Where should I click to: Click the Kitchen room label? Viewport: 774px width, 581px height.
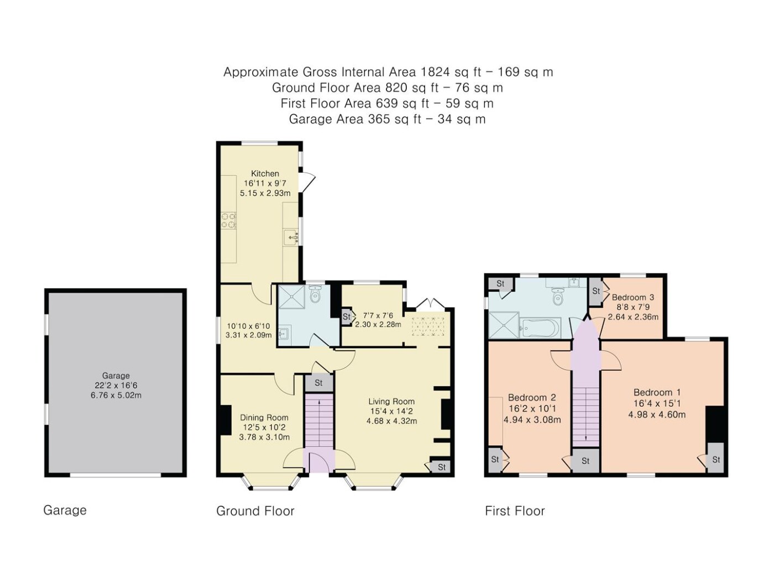click(x=265, y=174)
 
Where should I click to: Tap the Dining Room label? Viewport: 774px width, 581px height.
click(x=264, y=417)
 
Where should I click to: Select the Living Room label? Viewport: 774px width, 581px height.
click(x=391, y=401)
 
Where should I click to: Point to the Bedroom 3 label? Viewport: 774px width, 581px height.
click(x=633, y=297)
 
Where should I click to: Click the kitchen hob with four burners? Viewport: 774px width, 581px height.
click(x=228, y=220)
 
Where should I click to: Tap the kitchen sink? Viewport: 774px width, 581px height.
click(x=292, y=237)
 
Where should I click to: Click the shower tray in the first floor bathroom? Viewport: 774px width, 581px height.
click(x=504, y=325)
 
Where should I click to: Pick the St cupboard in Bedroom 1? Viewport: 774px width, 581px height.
click(x=715, y=458)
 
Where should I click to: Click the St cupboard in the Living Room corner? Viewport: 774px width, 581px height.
click(x=441, y=466)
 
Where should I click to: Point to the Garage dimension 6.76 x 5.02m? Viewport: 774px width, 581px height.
click(x=116, y=396)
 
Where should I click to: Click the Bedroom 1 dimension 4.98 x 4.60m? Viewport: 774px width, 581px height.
click(x=657, y=414)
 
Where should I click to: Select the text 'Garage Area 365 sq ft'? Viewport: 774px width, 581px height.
click(x=355, y=119)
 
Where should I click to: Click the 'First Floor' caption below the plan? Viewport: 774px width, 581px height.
click(x=515, y=511)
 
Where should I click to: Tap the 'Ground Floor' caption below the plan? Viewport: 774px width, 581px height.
click(x=255, y=511)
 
